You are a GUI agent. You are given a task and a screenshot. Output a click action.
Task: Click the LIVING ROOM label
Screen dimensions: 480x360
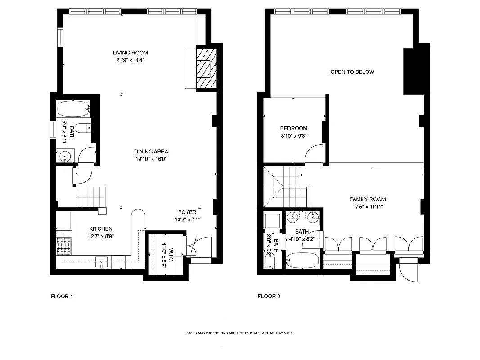click(x=130, y=53)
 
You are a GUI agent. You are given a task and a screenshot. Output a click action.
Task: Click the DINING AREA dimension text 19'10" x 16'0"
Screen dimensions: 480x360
click(x=151, y=159)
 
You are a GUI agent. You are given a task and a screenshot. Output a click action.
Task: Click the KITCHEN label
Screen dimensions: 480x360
click(x=100, y=229)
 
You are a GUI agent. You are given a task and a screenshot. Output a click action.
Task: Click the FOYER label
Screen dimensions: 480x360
click(x=187, y=212)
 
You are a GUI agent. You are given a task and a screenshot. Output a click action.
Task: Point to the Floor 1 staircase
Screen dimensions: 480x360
click(x=90, y=197)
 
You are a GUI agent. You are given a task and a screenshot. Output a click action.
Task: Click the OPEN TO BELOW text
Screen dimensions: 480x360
click(x=352, y=72)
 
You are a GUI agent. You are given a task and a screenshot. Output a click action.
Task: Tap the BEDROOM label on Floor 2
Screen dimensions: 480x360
click(x=293, y=128)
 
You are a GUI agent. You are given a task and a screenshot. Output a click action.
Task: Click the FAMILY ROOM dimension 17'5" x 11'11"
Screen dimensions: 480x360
click(x=368, y=207)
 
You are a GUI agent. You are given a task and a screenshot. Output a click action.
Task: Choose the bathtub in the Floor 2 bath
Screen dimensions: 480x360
click(x=302, y=261)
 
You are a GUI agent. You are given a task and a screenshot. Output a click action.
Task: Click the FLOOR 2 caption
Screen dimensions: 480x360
click(x=269, y=297)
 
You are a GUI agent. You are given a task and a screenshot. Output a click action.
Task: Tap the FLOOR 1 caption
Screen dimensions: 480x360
click(x=61, y=297)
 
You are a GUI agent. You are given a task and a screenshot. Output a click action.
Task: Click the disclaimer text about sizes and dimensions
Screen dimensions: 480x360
click(x=240, y=333)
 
